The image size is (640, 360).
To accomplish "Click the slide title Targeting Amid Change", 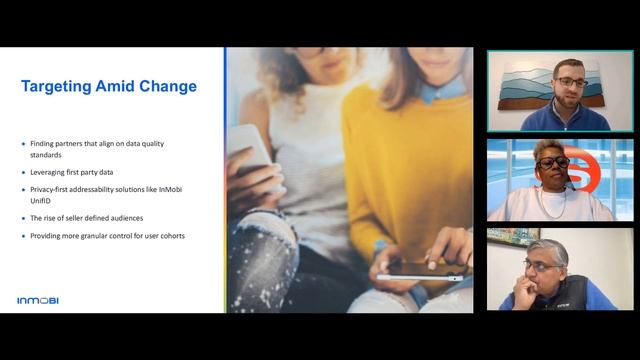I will point(109,86).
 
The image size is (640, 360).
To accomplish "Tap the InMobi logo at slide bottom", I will point(38,300).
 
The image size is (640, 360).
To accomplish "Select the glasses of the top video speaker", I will point(570,82).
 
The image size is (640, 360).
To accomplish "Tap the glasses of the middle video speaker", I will point(553,161).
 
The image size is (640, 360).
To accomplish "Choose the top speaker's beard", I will point(568,97).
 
